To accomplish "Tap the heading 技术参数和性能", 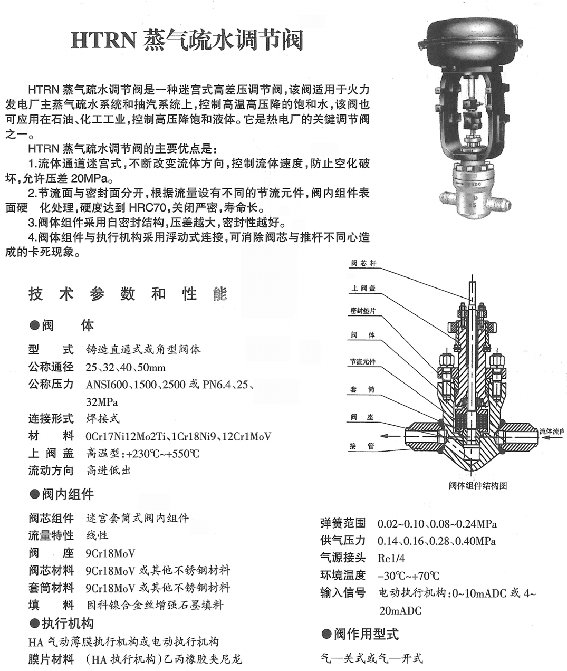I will (128, 294).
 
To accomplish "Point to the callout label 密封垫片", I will (363, 311).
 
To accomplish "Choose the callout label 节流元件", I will (363, 362).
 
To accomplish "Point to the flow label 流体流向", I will (551, 432).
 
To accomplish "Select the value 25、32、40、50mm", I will (126, 367).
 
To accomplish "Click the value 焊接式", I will (103, 419).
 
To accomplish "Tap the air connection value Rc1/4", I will (391, 558).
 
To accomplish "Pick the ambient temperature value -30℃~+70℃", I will (408, 576).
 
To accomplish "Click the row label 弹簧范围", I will (343, 523).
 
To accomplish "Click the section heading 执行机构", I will (68, 624).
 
